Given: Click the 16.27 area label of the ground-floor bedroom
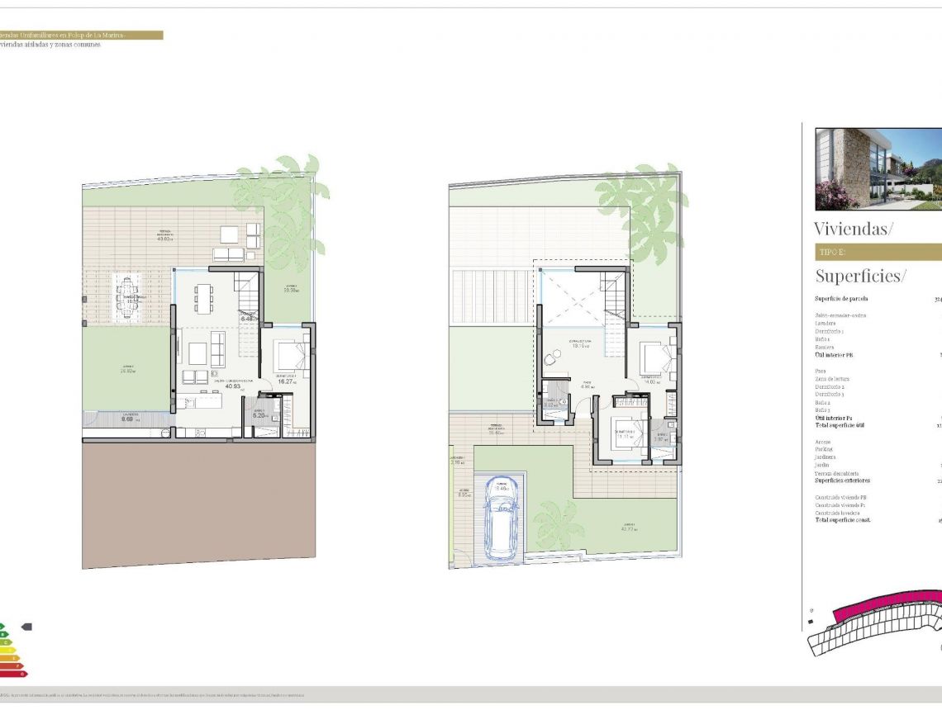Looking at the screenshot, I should pyautogui.click(x=286, y=382).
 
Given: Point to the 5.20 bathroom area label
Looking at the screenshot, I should pyautogui.click(x=259, y=415).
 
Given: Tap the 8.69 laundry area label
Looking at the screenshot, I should pyautogui.click(x=127, y=419).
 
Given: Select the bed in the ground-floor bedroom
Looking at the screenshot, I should pyautogui.click(x=289, y=356).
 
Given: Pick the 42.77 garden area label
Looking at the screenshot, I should pyautogui.click(x=630, y=528).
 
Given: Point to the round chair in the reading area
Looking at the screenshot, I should pyautogui.click(x=551, y=358).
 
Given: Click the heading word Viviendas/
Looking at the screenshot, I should pyautogui.click(x=854, y=229).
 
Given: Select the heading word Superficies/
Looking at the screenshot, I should pyautogui.click(x=860, y=276).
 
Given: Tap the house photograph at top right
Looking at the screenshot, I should pyautogui.click(x=878, y=168).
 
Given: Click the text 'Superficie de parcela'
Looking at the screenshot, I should pyautogui.click(x=841, y=299).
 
